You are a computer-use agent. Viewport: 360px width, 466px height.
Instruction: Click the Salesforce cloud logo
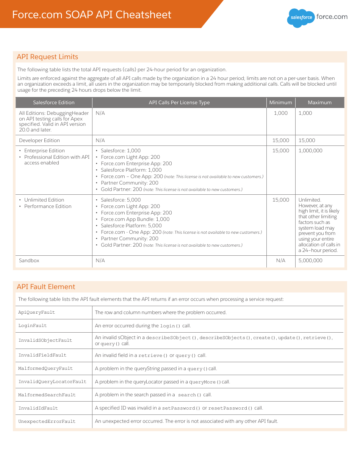(x=301, y=17)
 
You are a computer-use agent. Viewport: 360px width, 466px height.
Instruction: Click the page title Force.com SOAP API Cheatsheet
(x=92, y=15)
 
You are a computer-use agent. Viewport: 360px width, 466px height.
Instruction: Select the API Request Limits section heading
(x=47, y=57)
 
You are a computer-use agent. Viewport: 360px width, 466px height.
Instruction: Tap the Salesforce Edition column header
(x=54, y=103)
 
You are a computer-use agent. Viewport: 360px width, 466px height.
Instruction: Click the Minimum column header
(x=280, y=103)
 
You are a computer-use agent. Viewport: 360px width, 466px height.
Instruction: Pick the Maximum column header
(x=319, y=103)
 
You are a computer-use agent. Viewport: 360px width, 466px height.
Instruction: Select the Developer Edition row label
(x=39, y=140)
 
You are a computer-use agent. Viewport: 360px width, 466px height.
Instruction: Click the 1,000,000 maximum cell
(x=310, y=151)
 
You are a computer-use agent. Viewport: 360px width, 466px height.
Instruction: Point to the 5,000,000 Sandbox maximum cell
(x=310, y=261)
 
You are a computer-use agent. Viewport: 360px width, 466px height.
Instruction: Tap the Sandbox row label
(x=29, y=261)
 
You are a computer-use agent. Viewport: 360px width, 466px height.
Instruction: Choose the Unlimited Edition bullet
(x=44, y=200)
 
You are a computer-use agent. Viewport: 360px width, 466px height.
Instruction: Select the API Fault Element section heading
(x=46, y=287)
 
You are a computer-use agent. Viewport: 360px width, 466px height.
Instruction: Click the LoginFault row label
(x=33, y=326)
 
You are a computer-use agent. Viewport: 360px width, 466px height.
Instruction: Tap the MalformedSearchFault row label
(x=47, y=395)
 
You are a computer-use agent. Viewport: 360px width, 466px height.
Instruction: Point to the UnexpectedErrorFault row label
(x=47, y=422)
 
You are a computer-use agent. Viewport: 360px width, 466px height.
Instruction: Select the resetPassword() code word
(x=230, y=408)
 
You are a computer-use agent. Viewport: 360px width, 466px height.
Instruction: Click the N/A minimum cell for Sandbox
(x=281, y=261)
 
